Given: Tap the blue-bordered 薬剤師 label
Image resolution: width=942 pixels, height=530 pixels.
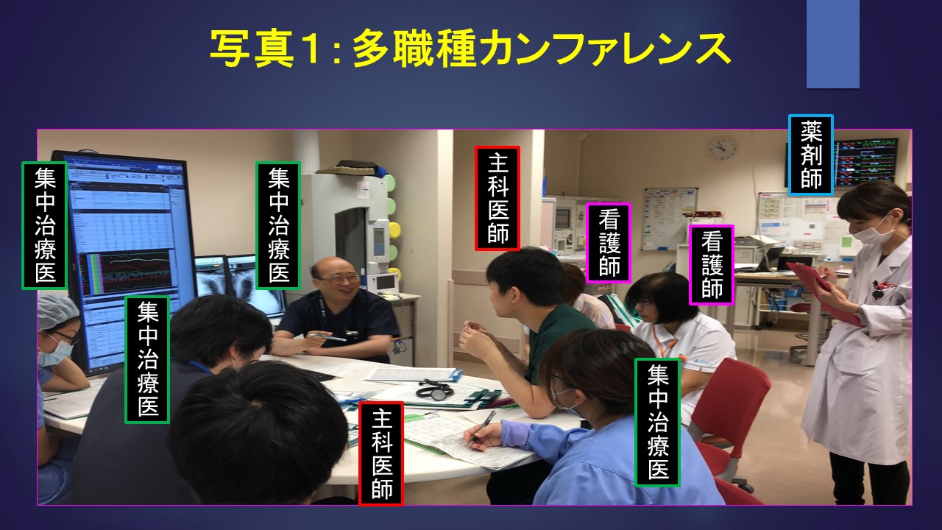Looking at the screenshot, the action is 811,155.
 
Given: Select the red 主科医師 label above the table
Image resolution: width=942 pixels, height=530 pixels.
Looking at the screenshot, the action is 497,199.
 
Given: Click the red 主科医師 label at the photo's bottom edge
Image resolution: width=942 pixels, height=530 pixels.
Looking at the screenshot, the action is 381,453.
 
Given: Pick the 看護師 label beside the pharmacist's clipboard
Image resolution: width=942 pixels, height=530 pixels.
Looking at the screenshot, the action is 712,264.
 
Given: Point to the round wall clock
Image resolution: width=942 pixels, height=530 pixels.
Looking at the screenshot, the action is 723,149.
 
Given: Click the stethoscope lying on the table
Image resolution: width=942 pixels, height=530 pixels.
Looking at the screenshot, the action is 435,389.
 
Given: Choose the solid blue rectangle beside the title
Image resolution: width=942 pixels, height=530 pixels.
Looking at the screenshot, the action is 832,44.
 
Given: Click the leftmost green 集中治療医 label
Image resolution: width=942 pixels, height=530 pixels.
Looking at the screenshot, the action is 45,225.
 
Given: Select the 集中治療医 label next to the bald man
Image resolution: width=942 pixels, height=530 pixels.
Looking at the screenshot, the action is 278,225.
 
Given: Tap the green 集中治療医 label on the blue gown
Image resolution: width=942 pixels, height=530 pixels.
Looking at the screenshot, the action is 657,423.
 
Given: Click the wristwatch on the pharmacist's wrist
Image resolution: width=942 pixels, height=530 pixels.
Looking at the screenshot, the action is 859,313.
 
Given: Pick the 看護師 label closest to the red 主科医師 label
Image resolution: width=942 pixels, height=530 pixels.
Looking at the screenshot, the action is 609,243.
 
